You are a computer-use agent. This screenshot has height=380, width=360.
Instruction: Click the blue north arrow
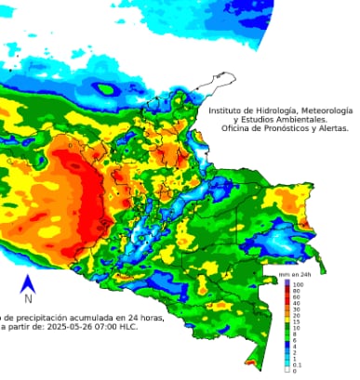(x=28, y=283)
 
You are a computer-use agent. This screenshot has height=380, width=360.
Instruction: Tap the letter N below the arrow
(x=28, y=299)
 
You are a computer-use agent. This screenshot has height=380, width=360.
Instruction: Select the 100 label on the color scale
(x=299, y=284)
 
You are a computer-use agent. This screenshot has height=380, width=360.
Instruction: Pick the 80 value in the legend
(x=297, y=291)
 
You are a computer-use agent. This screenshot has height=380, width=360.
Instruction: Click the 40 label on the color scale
(x=297, y=304)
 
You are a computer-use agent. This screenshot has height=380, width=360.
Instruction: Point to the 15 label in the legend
(x=297, y=322)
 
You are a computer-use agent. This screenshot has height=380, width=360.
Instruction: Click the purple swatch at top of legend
(x=287, y=284)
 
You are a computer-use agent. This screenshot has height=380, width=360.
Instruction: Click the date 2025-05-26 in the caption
(x=81, y=326)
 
